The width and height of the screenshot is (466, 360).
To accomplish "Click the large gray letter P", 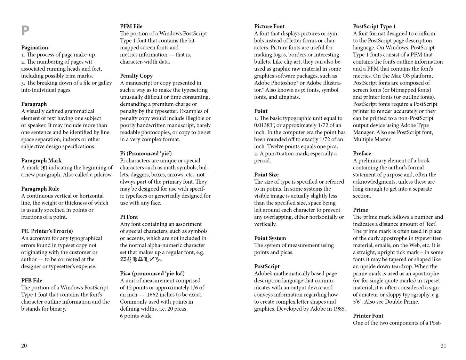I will tap(25, 31).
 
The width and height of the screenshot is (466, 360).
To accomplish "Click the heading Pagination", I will tap(34, 48).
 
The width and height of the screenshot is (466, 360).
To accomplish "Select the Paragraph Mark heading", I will tap(41, 161).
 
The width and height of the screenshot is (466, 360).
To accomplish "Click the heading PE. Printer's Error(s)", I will tap(47, 231).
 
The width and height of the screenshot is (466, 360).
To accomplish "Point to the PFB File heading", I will tap(32, 281).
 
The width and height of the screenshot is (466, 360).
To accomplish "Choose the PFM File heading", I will tap(131, 26).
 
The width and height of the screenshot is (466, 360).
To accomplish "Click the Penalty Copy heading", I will tap(136, 76).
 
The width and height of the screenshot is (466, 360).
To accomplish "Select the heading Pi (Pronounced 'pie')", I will tap(146, 154).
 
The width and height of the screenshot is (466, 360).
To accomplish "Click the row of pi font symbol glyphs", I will tap(140, 259).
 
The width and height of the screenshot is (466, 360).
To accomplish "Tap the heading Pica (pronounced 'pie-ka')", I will tap(152, 274).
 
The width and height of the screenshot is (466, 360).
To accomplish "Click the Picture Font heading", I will tap(269, 26).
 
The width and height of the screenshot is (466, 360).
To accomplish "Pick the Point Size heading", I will tap(266, 175).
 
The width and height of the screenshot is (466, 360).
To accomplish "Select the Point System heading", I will tap(270, 238).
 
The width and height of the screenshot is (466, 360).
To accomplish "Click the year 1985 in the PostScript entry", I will tap(339, 309).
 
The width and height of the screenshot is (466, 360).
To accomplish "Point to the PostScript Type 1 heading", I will tap(374, 26).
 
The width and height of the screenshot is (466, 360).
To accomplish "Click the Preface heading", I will tap(362, 154).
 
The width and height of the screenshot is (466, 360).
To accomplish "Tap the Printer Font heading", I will tap(368, 316).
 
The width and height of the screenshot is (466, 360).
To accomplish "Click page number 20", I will tap(24, 346).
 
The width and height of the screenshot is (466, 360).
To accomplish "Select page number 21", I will tap(443, 346).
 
